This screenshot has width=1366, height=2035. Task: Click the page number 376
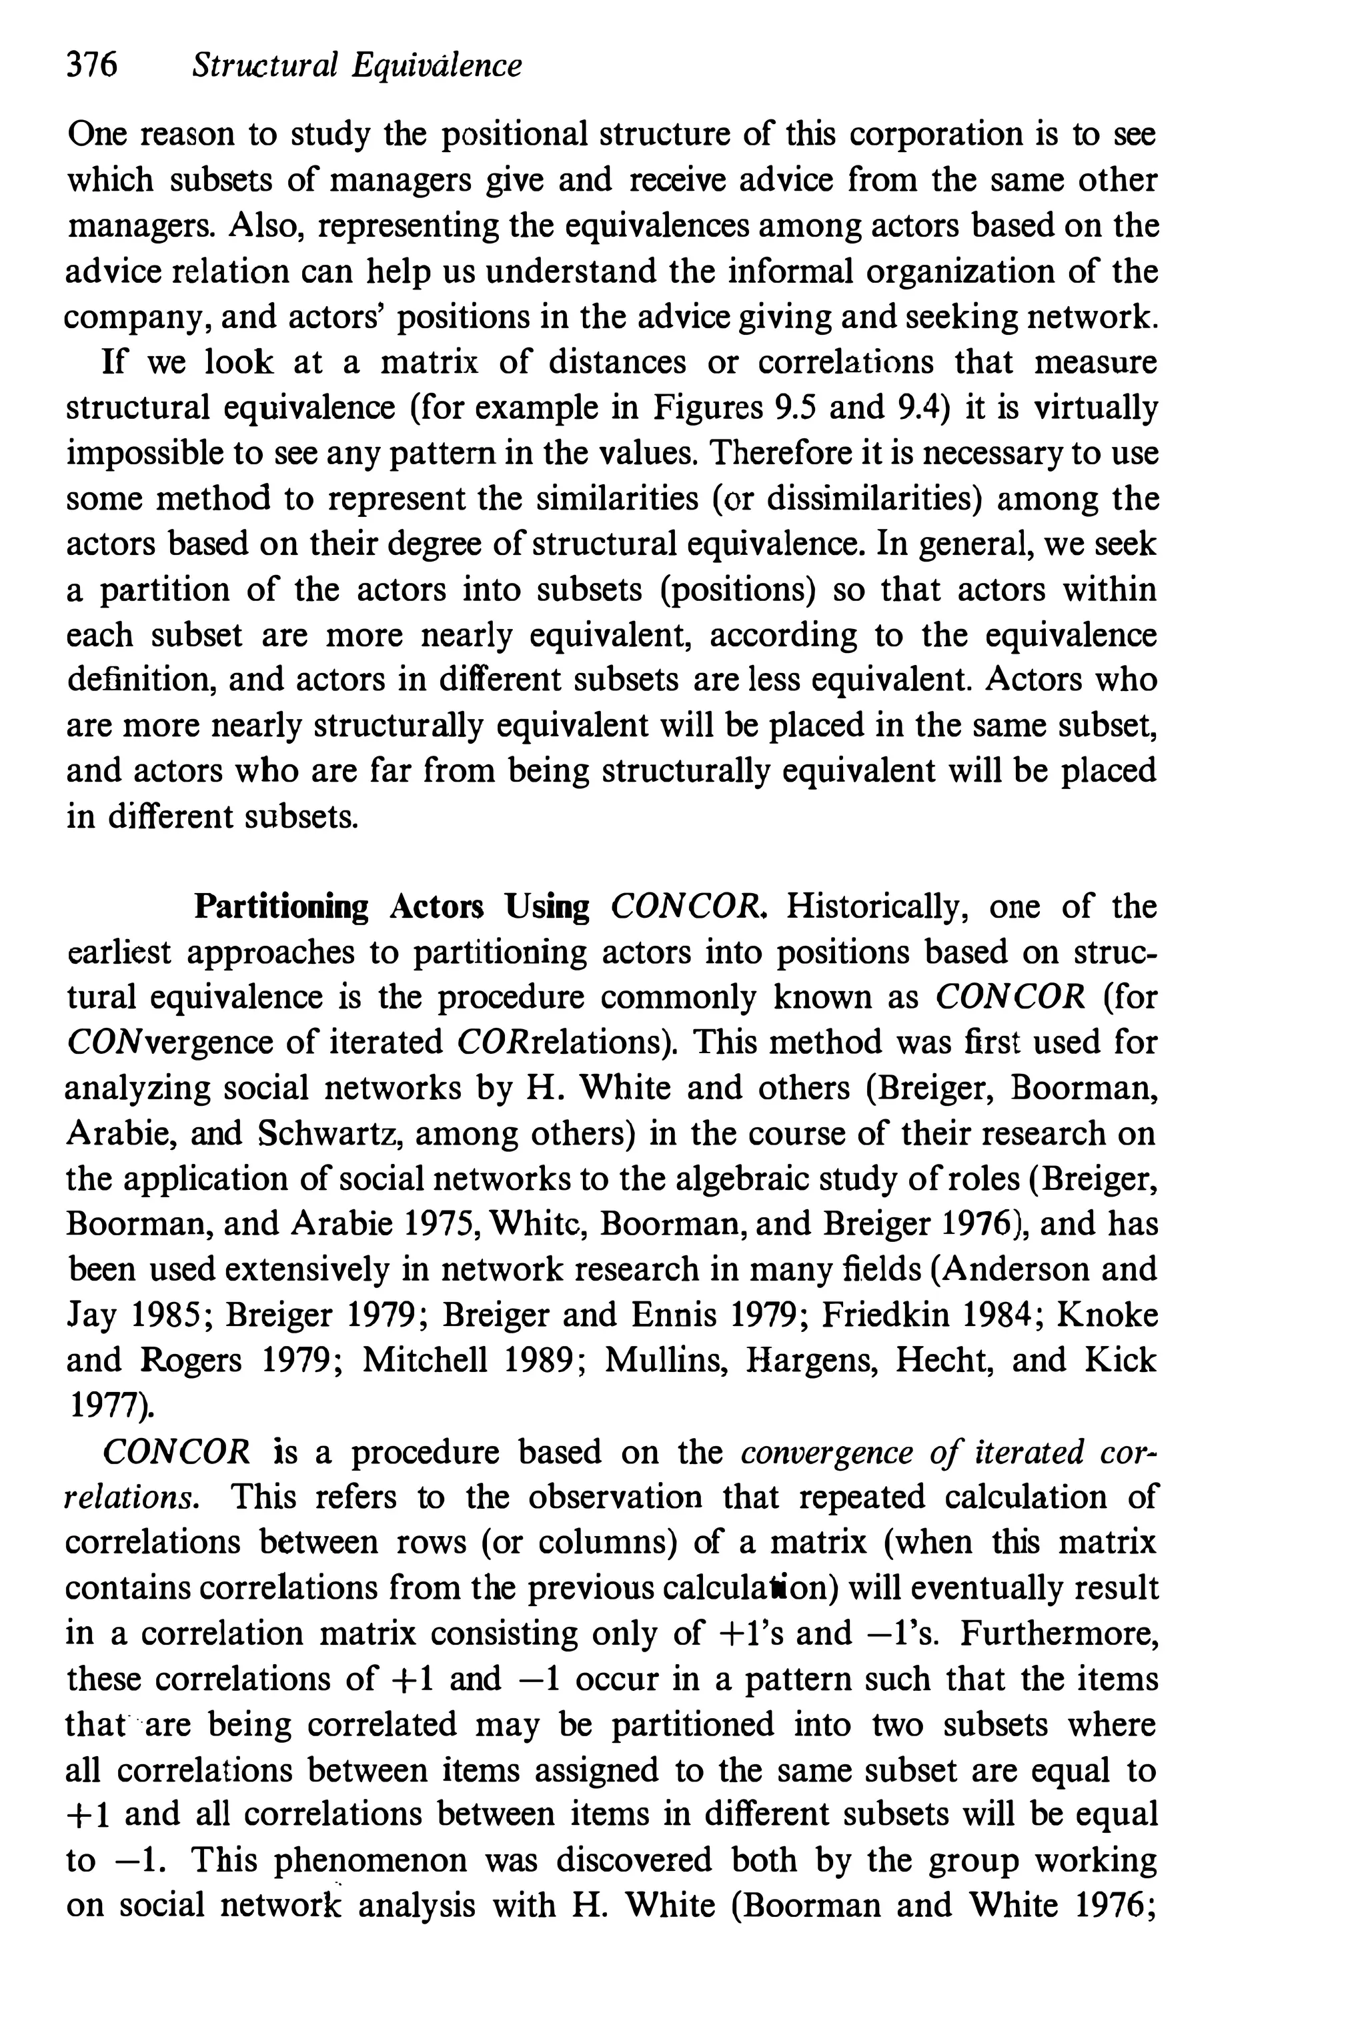point(91,65)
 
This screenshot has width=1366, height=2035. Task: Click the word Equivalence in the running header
point(436,65)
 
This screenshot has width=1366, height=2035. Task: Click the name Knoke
point(1107,1315)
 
